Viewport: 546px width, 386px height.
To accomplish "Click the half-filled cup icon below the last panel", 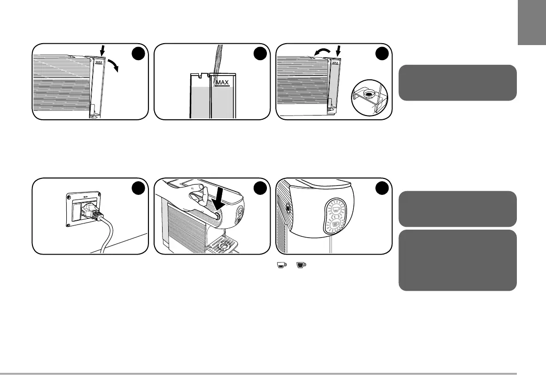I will click(281, 265).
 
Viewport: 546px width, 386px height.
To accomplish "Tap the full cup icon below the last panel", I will click(301, 265).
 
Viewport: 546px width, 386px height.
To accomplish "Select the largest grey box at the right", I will click(457, 260).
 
